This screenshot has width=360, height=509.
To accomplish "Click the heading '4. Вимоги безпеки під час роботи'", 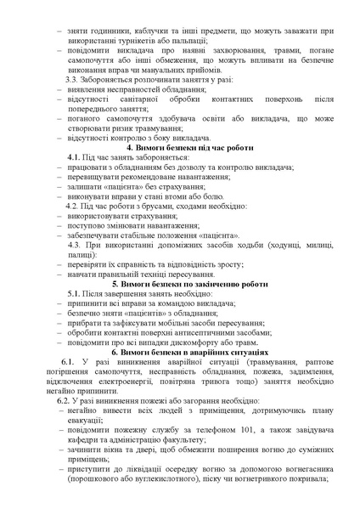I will (x=182, y=148).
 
